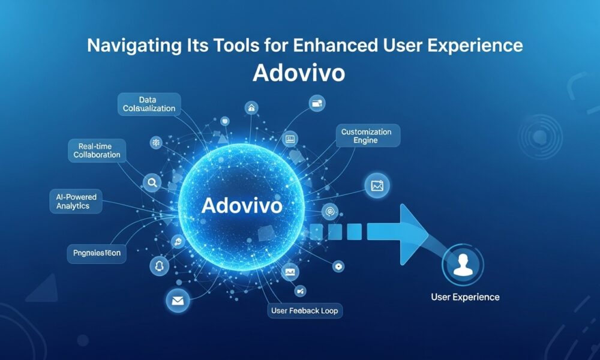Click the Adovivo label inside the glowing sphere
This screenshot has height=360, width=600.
pos(242,205)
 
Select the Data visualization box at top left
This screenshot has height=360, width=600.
pos(149,104)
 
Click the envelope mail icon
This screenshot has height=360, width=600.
pos(178,301)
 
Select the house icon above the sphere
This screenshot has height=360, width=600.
pos(251,109)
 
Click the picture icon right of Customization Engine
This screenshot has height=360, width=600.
pos(377,186)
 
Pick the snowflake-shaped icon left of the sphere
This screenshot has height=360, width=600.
pos(155,142)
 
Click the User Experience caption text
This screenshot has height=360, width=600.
pos(465,297)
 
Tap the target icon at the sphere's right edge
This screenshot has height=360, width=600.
pos(329,211)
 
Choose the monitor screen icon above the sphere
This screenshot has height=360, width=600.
pos(290,139)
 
